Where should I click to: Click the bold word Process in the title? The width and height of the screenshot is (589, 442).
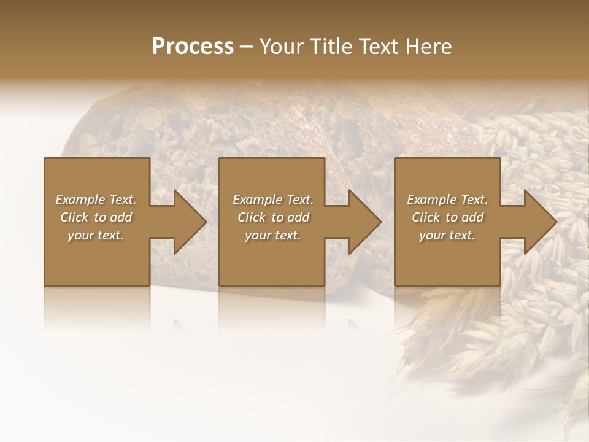click(x=193, y=47)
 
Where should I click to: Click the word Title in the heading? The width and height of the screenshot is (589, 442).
click(x=331, y=47)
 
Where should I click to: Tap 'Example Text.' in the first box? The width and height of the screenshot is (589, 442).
click(x=96, y=200)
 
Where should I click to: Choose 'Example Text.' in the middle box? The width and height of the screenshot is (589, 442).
click(x=273, y=200)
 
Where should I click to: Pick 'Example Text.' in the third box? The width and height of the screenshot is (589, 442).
click(x=447, y=200)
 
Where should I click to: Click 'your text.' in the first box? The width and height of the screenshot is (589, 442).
click(x=96, y=235)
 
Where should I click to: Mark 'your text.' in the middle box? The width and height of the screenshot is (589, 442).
click(x=273, y=235)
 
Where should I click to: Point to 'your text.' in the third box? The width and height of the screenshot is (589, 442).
click(x=447, y=235)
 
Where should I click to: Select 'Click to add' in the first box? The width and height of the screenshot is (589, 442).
click(x=96, y=217)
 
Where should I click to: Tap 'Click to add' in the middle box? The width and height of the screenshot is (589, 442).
click(x=273, y=217)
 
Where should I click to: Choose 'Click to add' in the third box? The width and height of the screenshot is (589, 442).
click(x=447, y=217)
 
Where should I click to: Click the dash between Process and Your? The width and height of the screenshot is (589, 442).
click(x=247, y=47)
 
